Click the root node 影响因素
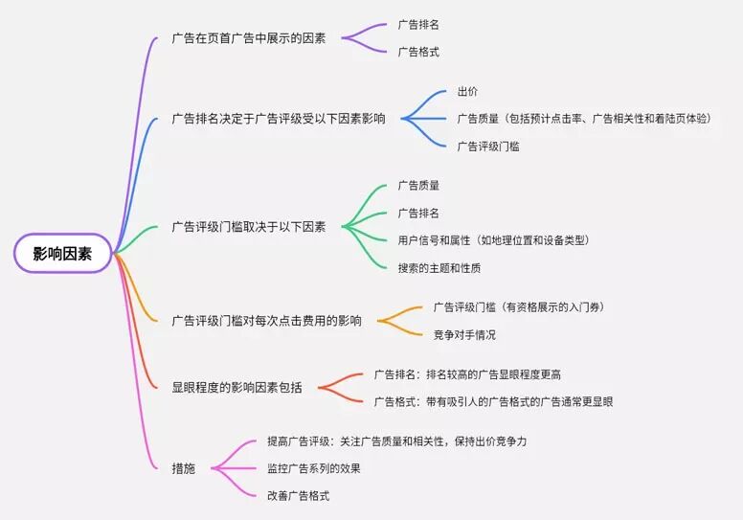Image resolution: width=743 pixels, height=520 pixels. pos(63,254)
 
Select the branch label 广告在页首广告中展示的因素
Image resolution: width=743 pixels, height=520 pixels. pos(249,38)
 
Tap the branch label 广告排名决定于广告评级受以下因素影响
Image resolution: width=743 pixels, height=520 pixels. pos(279,119)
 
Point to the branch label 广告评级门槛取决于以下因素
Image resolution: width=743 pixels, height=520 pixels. pos(249,227)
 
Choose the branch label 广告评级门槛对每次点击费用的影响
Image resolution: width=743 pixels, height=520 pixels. pos(267,321)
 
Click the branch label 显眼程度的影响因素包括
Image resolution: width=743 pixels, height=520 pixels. pos(236,387)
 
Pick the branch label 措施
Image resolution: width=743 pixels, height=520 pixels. pos(183,468)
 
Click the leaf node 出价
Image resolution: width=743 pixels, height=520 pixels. pos(468,92)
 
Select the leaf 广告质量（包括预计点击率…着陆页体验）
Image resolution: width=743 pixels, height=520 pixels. pos(584,119)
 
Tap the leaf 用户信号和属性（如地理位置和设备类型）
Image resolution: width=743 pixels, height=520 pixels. pos(493,239)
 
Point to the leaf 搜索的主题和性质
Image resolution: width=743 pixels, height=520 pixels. pos(439,267)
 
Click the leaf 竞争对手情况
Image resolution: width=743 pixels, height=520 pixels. pos(464,334)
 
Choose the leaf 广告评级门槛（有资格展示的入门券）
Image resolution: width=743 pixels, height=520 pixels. pos(518,307)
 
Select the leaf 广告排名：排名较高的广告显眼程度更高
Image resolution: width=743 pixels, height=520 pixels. pos(474,373)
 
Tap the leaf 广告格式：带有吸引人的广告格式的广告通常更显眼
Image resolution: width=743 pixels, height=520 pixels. pos(493,401)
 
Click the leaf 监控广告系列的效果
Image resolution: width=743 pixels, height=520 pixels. pos(314,468)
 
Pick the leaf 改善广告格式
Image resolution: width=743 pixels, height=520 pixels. pos(299,495)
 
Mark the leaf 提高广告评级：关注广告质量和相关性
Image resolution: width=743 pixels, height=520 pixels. pos(397,441)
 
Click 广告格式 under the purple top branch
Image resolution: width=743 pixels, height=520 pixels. pos(418,52)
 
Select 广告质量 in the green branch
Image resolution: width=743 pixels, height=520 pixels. pos(418,186)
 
